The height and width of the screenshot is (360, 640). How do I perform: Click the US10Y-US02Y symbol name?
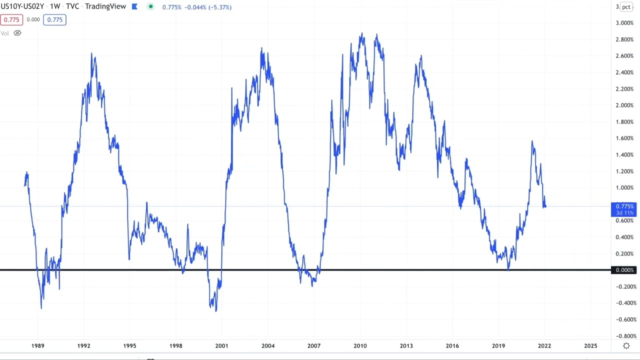[22, 6]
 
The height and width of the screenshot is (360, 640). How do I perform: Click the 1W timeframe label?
[55, 6]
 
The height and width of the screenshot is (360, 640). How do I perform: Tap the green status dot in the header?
[150, 6]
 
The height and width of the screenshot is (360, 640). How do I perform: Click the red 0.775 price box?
[11, 19]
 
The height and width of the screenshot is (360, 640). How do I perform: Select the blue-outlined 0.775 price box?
[54, 19]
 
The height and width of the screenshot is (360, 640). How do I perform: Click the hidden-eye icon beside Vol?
[17, 33]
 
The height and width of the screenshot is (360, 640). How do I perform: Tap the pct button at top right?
[626, 7]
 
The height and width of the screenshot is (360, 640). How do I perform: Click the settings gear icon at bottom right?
[626, 346]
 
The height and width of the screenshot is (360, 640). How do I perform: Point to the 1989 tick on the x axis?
[37, 345]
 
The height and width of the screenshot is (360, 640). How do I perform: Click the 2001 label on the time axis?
[221, 345]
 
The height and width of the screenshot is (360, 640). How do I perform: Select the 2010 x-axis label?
[360, 345]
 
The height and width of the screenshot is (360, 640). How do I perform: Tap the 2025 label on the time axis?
[590, 345]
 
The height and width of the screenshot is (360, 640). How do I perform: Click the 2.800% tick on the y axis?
[624, 39]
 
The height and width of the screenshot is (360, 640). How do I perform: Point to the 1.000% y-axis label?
[624, 188]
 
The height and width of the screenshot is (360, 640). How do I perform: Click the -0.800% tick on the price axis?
[624, 336]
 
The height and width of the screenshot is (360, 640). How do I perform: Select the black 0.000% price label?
[624, 270]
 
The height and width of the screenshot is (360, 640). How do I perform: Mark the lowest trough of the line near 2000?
[216, 311]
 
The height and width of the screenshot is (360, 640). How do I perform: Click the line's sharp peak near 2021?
[532, 141]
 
